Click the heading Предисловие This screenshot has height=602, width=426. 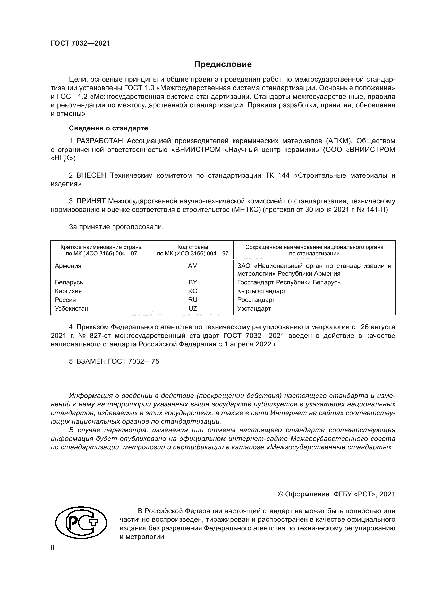click(x=223, y=64)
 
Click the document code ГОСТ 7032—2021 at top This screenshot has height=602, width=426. click(x=80, y=43)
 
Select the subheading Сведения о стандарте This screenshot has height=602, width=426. click(x=108, y=128)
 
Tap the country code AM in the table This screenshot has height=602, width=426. click(x=193, y=266)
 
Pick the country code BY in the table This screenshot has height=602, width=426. click(x=193, y=282)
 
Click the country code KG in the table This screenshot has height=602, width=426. click(x=193, y=291)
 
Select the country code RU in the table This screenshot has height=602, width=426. click(x=193, y=299)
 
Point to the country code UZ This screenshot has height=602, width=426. click(x=193, y=308)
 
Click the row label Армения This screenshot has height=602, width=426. click(x=68, y=266)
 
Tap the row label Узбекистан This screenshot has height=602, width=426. click(x=71, y=308)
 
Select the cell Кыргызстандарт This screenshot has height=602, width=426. click(x=261, y=291)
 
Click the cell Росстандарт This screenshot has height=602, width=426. click(x=256, y=299)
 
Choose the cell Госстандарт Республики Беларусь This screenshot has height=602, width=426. click(x=289, y=282)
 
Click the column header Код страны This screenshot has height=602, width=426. click(x=193, y=247)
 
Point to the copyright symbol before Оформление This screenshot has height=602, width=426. click(x=280, y=494)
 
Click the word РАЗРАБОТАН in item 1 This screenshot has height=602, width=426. click(x=99, y=141)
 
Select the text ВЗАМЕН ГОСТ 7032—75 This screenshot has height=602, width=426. click(x=117, y=361)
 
